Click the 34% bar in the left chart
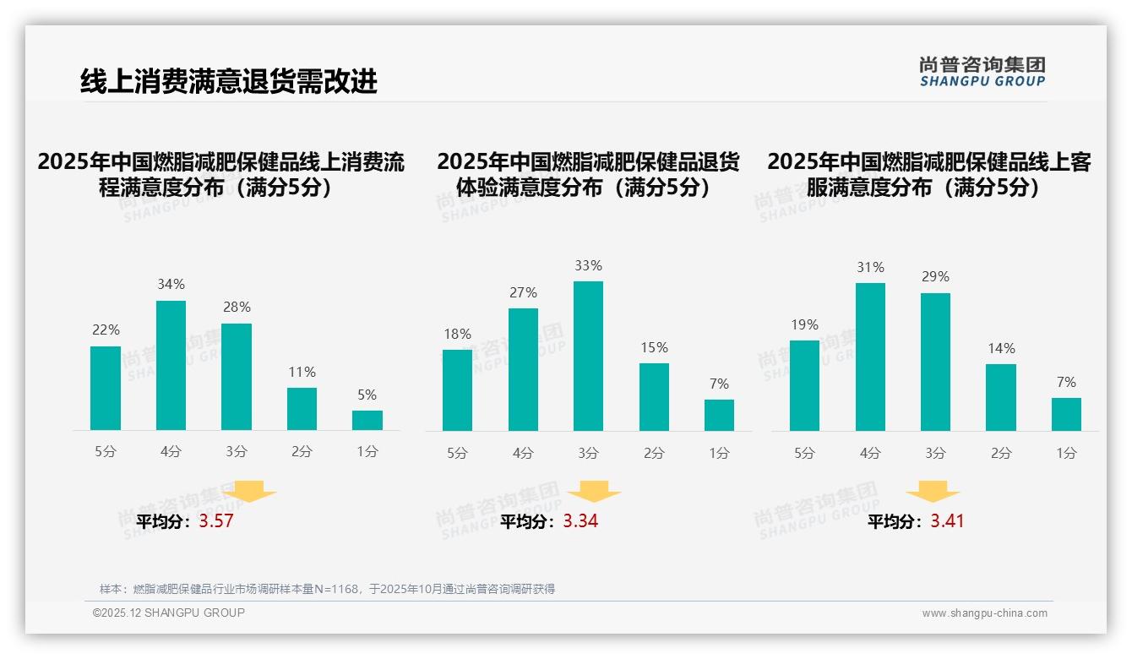(171, 365)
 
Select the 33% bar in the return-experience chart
(588, 356)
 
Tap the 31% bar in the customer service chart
(870, 357)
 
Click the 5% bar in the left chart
(367, 420)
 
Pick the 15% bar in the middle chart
(654, 396)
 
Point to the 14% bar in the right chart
(1000, 397)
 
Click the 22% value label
(106, 329)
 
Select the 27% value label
(523, 292)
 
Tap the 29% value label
(935, 276)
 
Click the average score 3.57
(215, 521)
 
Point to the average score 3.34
(580, 521)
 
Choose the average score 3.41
(947, 521)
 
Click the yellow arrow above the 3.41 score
(933, 492)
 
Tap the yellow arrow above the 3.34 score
(594, 492)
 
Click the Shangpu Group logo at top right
(982, 72)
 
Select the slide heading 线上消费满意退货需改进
(228, 81)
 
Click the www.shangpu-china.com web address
(984, 613)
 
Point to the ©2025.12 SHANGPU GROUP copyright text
(169, 613)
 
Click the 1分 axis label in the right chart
(1066, 453)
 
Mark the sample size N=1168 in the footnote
(333, 589)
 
